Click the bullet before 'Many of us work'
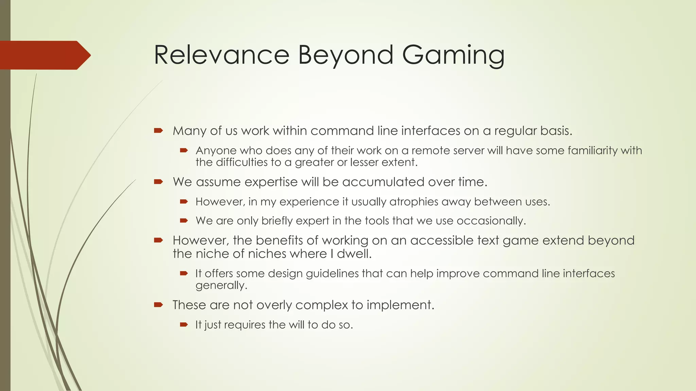pyautogui.click(x=158, y=130)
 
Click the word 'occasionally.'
pyautogui.click(x=491, y=221)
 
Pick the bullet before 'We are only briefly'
pyautogui.click(x=184, y=221)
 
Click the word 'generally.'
pyautogui.click(x=221, y=285)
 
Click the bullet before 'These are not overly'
pyautogui.click(x=158, y=304)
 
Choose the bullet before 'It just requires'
pyautogui.click(x=184, y=324)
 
